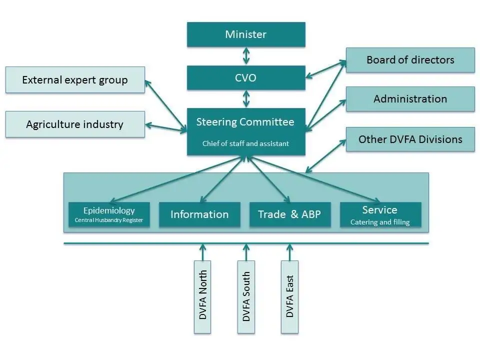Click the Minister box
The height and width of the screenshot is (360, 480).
click(245, 34)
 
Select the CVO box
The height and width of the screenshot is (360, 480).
click(245, 77)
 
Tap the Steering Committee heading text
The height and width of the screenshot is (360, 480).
click(245, 122)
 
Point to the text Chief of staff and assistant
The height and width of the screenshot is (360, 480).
click(245, 143)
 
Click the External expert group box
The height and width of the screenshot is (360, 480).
click(75, 80)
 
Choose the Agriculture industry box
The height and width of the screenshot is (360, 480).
click(75, 124)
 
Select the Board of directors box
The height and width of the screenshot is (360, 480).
click(410, 60)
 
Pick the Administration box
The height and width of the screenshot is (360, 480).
click(410, 99)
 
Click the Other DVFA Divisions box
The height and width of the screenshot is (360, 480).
click(410, 139)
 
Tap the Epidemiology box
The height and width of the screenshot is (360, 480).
click(109, 214)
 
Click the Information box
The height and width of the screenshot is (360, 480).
click(199, 214)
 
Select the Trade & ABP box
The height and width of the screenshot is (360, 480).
click(289, 214)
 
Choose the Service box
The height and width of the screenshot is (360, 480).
click(380, 214)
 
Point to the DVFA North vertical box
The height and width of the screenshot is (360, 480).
click(202, 296)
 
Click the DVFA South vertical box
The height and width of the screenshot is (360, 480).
click(246, 296)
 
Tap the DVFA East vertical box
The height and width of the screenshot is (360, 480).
click(289, 296)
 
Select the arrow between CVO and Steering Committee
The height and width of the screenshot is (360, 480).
click(245, 99)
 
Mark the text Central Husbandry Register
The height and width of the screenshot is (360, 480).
click(109, 220)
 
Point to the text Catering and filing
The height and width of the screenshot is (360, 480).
click(380, 222)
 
